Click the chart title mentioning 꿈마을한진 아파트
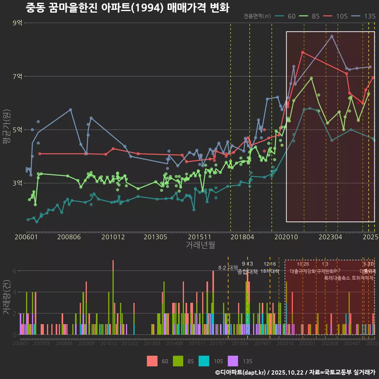tap(127, 8)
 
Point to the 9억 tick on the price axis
tap(18, 23)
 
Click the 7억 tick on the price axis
tap(18, 76)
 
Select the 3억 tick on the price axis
tap(18, 183)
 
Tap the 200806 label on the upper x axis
tap(69, 237)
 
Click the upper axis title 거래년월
tap(201, 245)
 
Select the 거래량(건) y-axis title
tap(6, 297)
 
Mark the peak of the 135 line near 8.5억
tap(332, 36)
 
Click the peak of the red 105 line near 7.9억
tap(303, 52)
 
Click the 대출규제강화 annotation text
tap(303, 271)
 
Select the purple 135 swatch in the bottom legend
tap(233, 361)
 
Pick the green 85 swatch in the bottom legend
tap(178, 361)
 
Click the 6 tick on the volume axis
tap(15, 271)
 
